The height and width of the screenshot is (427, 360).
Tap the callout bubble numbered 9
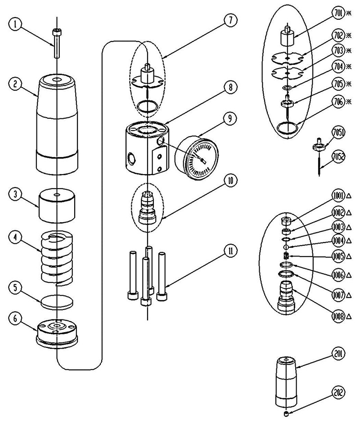click(229, 119)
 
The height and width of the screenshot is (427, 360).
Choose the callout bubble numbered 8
click(229, 89)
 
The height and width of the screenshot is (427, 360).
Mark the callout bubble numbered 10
click(229, 181)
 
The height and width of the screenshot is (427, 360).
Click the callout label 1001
click(338, 196)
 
